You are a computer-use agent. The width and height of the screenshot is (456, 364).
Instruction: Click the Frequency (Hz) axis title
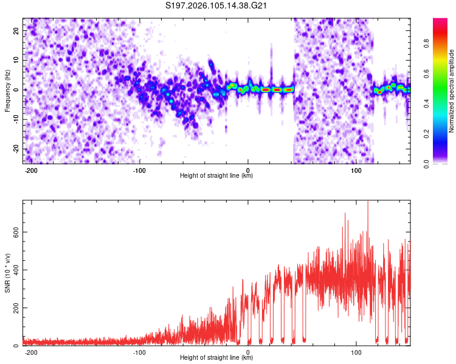(x=7, y=90)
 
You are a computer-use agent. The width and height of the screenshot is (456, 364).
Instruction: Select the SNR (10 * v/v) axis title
(x=7, y=273)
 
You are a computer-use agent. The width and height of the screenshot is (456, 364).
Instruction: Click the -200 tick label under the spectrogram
(x=31, y=169)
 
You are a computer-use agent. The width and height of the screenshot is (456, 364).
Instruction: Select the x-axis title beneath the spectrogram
(x=216, y=176)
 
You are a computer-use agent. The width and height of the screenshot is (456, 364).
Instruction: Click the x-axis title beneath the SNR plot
(x=216, y=359)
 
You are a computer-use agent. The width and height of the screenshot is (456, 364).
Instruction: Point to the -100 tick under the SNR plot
(x=139, y=352)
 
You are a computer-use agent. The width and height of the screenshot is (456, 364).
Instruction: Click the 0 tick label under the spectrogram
(x=247, y=169)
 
